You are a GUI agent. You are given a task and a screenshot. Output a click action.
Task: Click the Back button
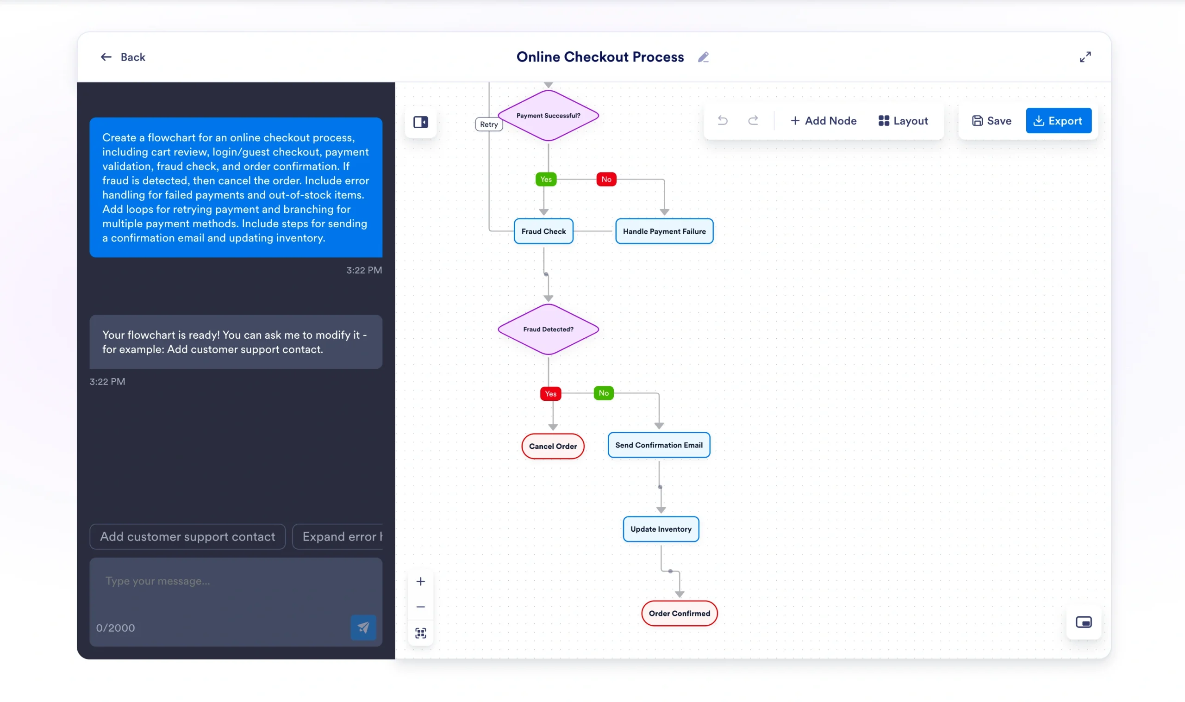[123, 57]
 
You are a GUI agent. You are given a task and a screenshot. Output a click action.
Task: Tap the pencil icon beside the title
[703, 57]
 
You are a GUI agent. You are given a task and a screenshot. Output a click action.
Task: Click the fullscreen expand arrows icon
[1085, 57]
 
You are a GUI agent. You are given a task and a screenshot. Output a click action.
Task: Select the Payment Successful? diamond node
[548, 115]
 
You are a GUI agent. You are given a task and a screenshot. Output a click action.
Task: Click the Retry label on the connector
[489, 124]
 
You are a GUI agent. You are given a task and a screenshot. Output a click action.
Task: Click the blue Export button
[1058, 121]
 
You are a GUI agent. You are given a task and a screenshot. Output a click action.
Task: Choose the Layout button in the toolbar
[903, 121]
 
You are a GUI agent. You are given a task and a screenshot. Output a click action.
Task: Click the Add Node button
[823, 121]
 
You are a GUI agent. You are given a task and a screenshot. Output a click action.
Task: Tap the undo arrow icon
[723, 121]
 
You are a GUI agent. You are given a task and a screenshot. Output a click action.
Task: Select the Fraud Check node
[543, 231]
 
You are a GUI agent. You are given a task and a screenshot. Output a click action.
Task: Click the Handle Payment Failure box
[664, 231]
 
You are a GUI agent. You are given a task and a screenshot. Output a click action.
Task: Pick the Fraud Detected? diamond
[548, 329]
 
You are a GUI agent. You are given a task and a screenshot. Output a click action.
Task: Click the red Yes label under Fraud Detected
[550, 394]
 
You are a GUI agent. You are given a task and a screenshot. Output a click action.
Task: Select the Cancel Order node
[553, 446]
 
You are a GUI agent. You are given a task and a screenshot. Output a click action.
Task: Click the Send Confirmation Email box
[659, 445]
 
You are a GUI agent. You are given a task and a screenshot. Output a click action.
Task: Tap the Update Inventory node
[661, 529]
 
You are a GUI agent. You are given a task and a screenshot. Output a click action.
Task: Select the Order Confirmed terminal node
[679, 613]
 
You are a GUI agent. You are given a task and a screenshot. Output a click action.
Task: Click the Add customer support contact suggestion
[187, 536]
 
